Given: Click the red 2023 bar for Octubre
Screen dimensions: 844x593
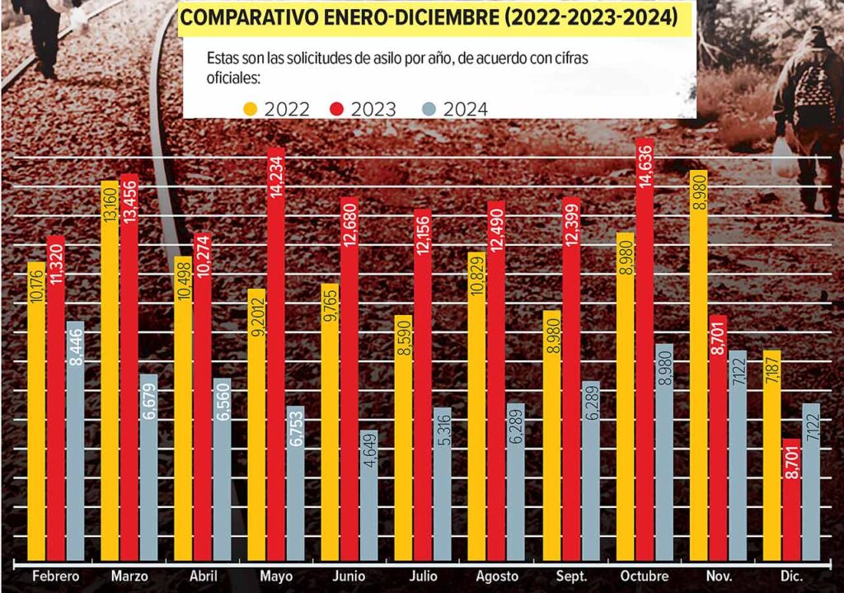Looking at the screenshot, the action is tap(645, 350).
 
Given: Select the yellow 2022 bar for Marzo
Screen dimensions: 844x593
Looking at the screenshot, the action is tap(110, 370).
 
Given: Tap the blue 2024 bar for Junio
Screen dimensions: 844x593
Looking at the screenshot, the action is tap(368, 496).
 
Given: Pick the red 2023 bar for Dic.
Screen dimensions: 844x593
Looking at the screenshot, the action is tap(791, 500).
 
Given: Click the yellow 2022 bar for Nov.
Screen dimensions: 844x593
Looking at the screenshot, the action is tap(698, 365).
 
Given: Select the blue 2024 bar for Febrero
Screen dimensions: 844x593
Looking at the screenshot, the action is tap(75, 441).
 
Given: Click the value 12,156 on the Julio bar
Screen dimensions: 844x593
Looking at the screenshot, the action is tap(423, 235).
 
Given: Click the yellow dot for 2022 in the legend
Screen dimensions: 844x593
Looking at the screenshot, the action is tap(251, 110).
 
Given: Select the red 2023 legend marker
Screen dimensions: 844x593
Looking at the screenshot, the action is tap(336, 110).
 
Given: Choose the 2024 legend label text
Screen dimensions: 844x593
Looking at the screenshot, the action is tap(465, 110).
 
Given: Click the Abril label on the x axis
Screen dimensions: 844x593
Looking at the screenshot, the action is tap(204, 577).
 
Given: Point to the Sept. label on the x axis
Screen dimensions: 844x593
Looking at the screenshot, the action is tap(571, 577).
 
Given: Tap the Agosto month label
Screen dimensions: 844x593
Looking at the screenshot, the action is tap(497, 577).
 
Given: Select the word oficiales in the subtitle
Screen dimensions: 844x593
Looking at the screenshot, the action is tap(233, 78).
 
